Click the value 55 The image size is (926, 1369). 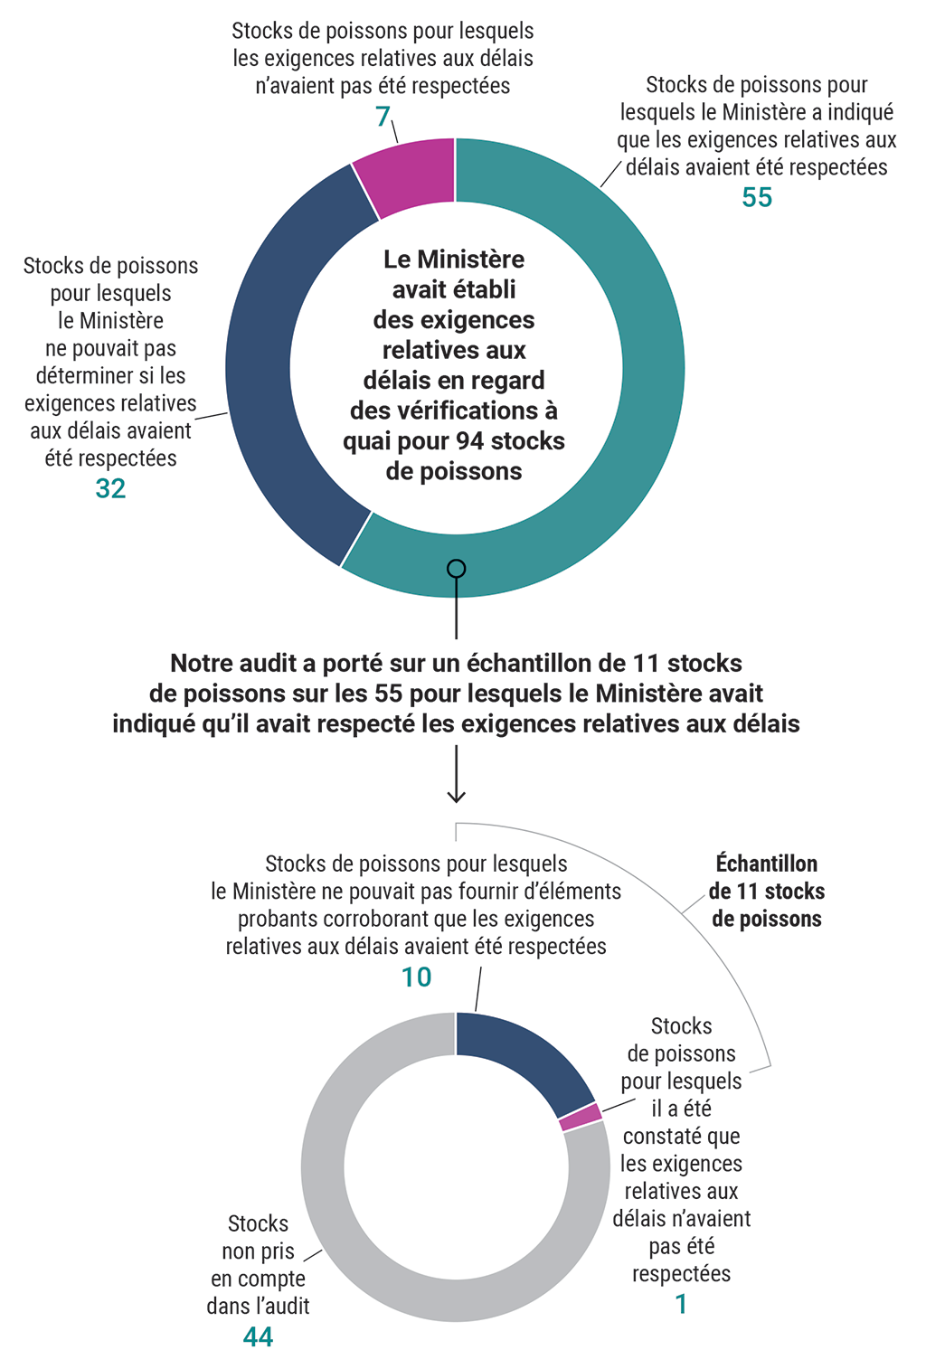(x=757, y=198)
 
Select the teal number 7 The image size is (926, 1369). (x=383, y=117)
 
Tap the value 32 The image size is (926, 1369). (x=110, y=489)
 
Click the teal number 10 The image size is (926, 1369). (x=416, y=977)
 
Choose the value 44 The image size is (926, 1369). (x=258, y=1337)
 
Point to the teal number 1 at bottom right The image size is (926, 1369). (x=681, y=1305)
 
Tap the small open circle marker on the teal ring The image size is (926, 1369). (x=457, y=569)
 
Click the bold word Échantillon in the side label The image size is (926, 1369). (x=766, y=864)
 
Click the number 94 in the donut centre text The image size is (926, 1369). (x=469, y=441)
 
